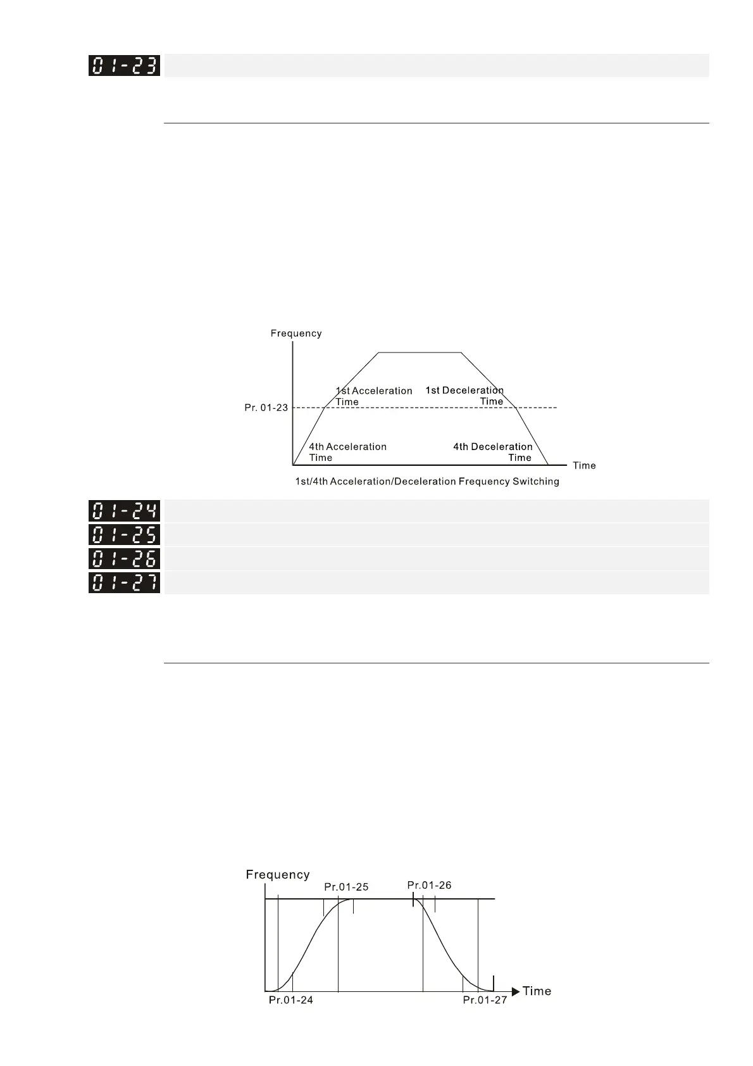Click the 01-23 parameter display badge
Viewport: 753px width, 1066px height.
coord(124,66)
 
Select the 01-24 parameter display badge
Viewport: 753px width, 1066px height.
coord(124,511)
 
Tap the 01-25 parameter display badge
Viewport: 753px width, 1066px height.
coord(124,535)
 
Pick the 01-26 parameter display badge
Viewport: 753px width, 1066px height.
coord(124,558)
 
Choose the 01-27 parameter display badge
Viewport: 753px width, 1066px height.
coord(124,582)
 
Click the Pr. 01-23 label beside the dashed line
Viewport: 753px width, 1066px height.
coord(266,408)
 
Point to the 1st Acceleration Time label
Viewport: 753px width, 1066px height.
coord(373,396)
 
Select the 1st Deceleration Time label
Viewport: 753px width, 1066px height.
coord(464,396)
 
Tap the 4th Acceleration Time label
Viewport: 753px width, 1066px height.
coord(347,452)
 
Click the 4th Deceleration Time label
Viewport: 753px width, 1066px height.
coord(492,452)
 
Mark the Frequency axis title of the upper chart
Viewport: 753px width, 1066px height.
coord(296,334)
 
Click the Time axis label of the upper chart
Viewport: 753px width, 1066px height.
coord(584,466)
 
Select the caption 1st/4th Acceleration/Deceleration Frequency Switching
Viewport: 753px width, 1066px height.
coord(427,482)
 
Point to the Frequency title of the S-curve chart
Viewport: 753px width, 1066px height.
coord(278,875)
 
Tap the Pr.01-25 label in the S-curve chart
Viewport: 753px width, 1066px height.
coord(346,887)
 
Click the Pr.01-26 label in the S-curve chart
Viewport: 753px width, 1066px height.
coord(429,885)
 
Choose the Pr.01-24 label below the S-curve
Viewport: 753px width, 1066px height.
coord(291,1000)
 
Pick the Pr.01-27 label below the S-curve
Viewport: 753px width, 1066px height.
coord(485,1000)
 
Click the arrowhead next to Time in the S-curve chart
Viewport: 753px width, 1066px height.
coord(516,991)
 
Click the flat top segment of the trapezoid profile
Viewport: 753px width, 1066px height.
coord(420,352)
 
